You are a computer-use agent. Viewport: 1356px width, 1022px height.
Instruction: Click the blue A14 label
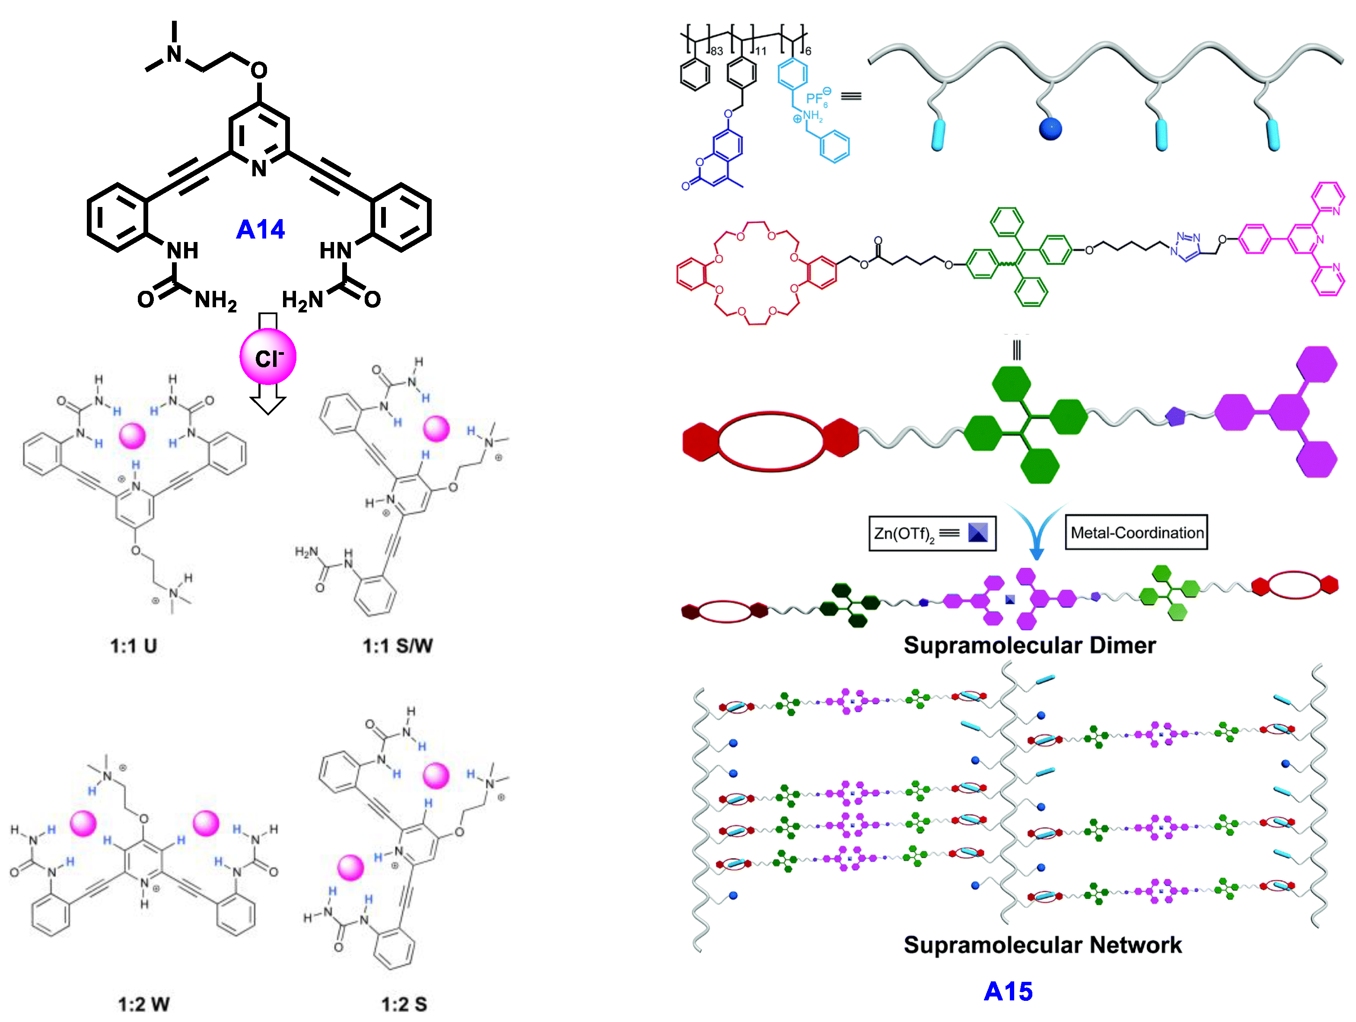tap(261, 230)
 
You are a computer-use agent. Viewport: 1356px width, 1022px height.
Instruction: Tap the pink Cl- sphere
tap(268, 357)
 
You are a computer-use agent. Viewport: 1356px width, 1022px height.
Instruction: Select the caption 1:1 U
tap(134, 646)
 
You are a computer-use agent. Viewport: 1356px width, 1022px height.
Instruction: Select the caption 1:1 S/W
tap(397, 646)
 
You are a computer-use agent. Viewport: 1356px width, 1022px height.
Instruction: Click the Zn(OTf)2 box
tap(932, 533)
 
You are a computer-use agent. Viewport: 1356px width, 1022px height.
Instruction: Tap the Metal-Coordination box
tap(1136, 532)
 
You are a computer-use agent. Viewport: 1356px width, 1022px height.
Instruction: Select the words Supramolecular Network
tap(1042, 945)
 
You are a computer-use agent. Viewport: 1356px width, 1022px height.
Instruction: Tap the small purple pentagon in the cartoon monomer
tap(1175, 417)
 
